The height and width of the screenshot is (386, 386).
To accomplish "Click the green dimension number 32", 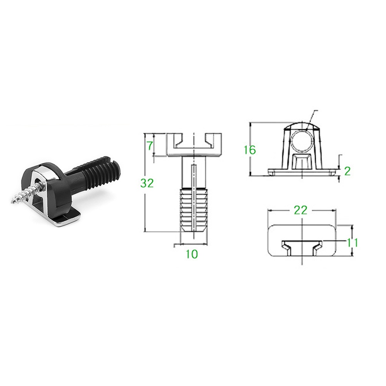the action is click(x=147, y=183).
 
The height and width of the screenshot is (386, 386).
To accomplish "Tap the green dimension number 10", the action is click(x=192, y=254).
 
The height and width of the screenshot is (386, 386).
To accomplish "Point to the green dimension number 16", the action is click(x=250, y=150).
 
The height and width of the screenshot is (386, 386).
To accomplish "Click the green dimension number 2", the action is click(x=347, y=171).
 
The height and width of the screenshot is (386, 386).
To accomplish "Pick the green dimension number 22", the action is click(x=301, y=210).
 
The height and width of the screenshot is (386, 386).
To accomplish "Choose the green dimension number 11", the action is click(x=352, y=243).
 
